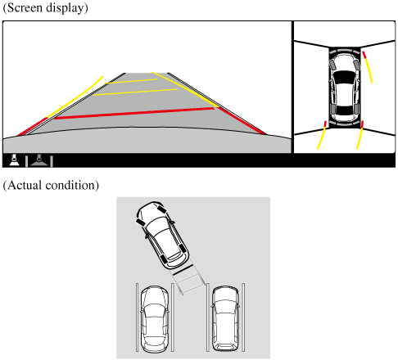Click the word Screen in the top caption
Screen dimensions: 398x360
(x=25, y=7)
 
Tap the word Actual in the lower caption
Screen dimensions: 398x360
(x=25, y=185)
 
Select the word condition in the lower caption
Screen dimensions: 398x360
(x=70, y=185)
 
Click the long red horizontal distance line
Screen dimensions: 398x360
(x=133, y=113)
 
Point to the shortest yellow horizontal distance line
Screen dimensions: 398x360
(x=131, y=81)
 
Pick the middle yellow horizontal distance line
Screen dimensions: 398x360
(x=135, y=92)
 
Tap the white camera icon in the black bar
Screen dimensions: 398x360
(x=14, y=160)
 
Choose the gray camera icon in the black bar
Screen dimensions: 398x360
(x=39, y=160)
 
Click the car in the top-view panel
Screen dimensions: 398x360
(x=344, y=88)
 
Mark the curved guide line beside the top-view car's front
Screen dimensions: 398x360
(x=368, y=66)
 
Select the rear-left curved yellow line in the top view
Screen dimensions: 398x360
(x=321, y=135)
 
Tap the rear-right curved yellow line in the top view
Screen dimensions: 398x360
(x=360, y=135)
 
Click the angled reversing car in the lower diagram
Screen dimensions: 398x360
(x=162, y=236)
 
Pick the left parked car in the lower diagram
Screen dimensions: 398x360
(x=155, y=319)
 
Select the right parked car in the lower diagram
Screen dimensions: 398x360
(x=225, y=318)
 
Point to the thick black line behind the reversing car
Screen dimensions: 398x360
(x=183, y=270)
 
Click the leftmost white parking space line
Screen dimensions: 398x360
(x=137, y=317)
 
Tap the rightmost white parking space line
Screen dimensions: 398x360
(x=243, y=317)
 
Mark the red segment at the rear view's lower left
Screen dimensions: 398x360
(x=32, y=127)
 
